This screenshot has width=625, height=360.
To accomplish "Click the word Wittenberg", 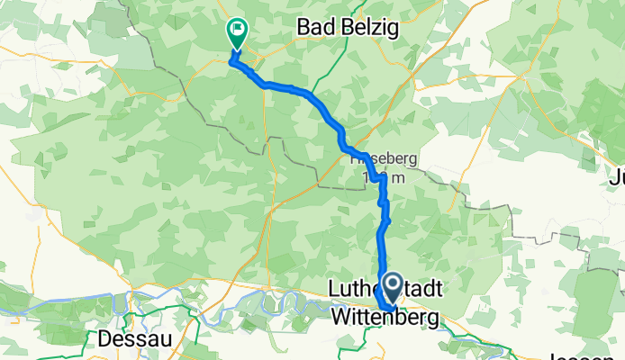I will (385, 318).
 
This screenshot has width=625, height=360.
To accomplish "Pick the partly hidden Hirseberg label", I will (384, 157).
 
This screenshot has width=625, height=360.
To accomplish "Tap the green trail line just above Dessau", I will (135, 317).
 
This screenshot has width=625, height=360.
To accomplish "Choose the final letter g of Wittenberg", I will (432, 319).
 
